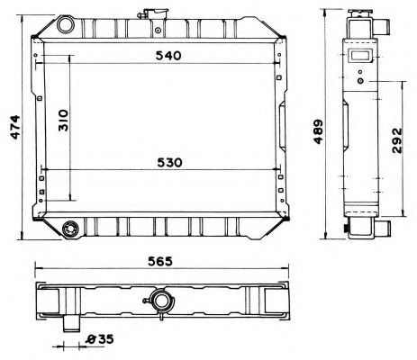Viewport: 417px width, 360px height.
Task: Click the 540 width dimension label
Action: click(x=168, y=56)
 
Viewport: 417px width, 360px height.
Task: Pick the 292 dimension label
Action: click(x=399, y=146)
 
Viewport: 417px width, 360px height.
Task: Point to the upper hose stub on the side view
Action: click(x=384, y=27)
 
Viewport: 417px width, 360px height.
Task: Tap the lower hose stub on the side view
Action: click(x=384, y=229)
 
